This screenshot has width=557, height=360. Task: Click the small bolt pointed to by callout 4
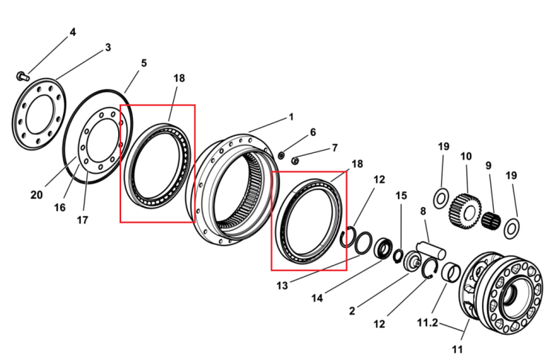pos(23,76)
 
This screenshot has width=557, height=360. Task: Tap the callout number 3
pos(108,48)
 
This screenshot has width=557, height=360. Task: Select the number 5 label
pos(143,63)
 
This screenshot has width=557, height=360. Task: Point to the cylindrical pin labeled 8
pos(431,250)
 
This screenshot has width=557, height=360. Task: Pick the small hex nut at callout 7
pos(295,161)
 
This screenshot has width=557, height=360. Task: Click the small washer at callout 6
pos(281,155)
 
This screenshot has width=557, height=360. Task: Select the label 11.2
pos(427,324)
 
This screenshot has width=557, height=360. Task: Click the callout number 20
pos(36,195)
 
